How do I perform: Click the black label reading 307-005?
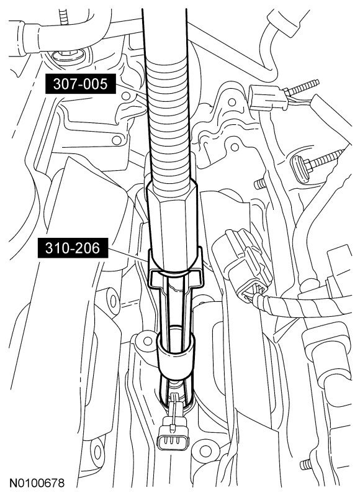pyautogui.click(x=81, y=84)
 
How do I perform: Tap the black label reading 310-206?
pyautogui.click(x=73, y=248)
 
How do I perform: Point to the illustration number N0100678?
pyautogui.click(x=37, y=483)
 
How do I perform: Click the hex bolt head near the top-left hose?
pyautogui.click(x=68, y=57)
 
